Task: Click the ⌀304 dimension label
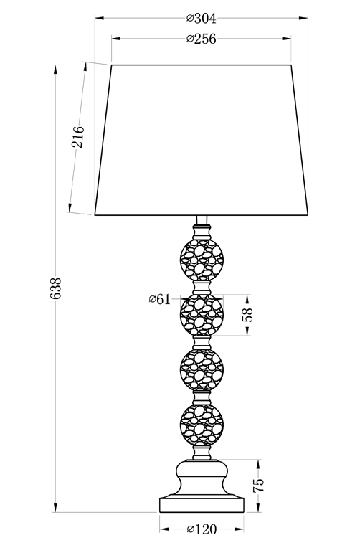point(202,18)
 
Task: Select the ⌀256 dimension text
point(202,39)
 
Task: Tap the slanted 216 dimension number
point(77,137)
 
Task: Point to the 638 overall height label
point(57,288)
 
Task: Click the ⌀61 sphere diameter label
point(160,299)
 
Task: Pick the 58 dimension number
point(247,315)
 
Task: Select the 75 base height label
point(258,486)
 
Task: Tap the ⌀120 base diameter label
point(202,529)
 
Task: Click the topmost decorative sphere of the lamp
point(202,260)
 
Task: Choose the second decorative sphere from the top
point(202,316)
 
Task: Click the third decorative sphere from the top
point(202,371)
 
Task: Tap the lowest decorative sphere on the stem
point(202,425)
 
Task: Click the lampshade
point(202,140)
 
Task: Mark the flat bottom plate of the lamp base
point(202,505)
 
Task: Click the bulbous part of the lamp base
point(202,478)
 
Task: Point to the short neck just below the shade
point(202,220)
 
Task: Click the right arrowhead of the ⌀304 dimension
point(303,17)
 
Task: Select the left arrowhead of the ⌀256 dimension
point(116,38)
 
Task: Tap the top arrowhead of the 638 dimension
point(55,70)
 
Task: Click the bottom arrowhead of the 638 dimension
point(55,508)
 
